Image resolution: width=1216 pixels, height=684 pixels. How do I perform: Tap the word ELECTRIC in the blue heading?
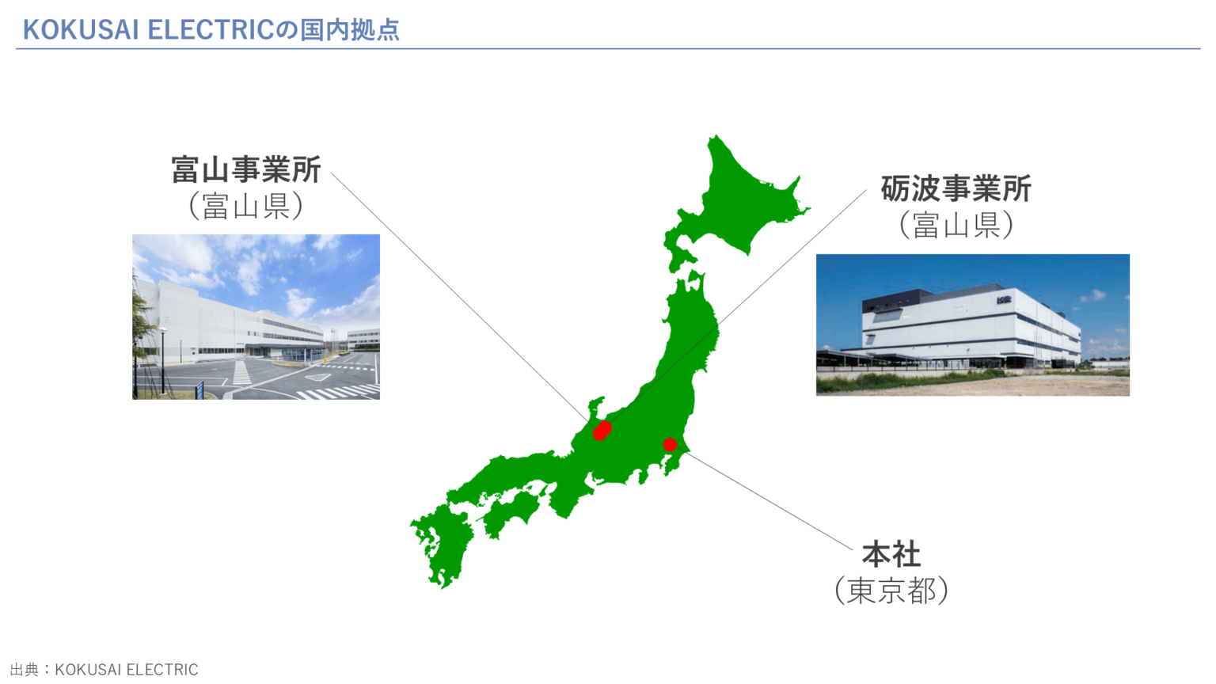click(211, 30)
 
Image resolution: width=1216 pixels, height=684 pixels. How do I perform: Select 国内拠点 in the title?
click(349, 30)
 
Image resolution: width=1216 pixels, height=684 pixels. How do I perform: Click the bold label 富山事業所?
click(246, 169)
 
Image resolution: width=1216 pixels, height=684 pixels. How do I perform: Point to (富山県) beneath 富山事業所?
click(246, 206)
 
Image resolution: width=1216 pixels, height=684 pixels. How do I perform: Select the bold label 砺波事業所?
click(956, 189)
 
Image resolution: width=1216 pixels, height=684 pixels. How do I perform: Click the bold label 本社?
click(891, 555)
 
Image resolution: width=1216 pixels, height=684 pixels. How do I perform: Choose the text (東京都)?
click(891, 591)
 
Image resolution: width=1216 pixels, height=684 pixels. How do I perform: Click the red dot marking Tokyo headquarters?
click(670, 445)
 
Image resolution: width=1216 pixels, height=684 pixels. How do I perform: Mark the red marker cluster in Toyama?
click(602, 431)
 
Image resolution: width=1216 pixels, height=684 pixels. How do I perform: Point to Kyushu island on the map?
click(443, 546)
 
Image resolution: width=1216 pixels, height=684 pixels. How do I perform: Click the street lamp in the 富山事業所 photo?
click(163, 356)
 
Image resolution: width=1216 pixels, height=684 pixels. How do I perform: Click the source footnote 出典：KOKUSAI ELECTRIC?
click(104, 670)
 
